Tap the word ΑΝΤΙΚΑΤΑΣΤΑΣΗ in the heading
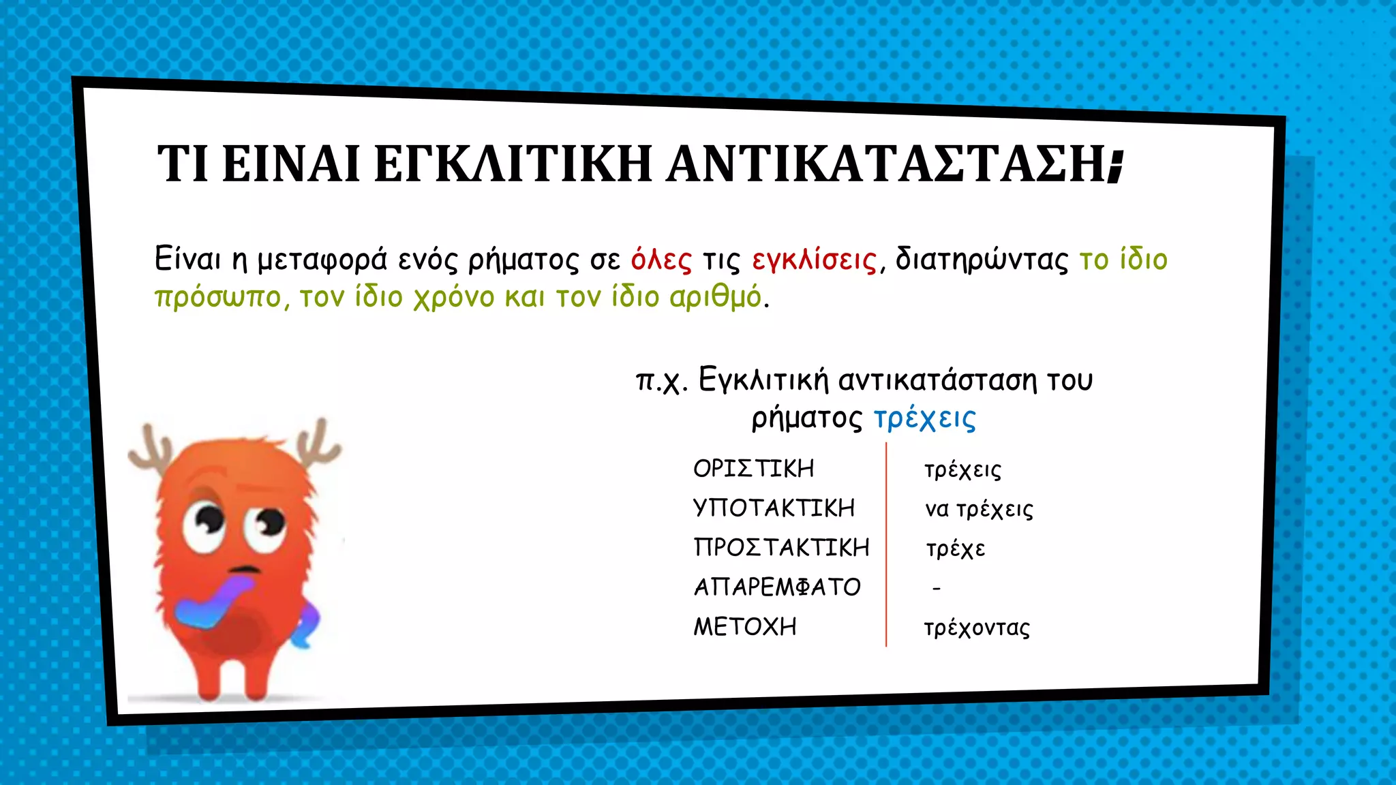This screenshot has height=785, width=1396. coord(886,164)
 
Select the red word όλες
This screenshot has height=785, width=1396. coord(661,260)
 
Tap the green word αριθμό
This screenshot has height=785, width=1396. coord(715,297)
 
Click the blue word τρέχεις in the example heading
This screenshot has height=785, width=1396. coord(924,418)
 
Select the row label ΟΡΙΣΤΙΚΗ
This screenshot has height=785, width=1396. coord(753,469)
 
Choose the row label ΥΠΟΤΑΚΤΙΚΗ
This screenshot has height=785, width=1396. coord(774,508)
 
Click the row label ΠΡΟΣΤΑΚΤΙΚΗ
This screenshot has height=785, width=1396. coord(781,547)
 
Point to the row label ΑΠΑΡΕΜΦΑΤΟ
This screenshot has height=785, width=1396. coord(777,587)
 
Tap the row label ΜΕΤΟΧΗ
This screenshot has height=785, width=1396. coord(745,626)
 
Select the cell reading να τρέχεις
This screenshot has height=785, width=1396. coord(979,510)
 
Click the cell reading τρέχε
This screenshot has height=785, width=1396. coord(955,549)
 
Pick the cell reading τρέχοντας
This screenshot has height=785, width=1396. coord(977,628)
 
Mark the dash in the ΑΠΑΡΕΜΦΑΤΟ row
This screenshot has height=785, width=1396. coord(937,587)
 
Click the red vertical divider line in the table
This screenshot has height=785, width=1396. coord(886,545)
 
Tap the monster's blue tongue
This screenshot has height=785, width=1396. coord(211,603)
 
